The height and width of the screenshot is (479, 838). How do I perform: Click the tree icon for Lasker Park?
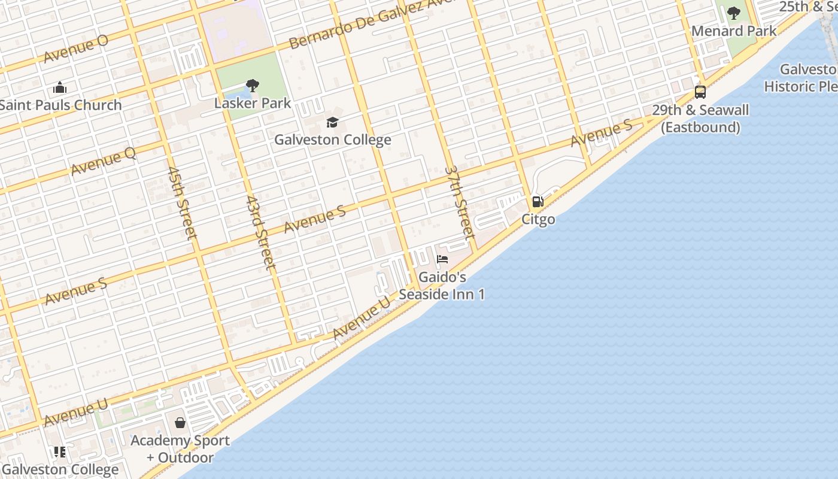[x=253, y=86]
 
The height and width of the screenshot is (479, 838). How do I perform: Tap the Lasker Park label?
[x=253, y=103]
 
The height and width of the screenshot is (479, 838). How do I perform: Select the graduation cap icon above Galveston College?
[x=332, y=123]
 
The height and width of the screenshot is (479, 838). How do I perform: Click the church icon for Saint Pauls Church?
[x=60, y=88]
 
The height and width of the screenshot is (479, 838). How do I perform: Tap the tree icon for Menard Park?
[x=734, y=13]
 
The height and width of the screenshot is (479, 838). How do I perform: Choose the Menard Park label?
[x=734, y=31]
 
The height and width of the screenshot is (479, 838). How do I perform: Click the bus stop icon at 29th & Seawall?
[x=700, y=92]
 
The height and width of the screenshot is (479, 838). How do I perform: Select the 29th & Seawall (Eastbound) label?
[x=700, y=119]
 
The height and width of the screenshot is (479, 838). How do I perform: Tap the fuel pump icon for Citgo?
[x=538, y=202]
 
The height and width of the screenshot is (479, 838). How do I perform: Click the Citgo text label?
[x=538, y=219]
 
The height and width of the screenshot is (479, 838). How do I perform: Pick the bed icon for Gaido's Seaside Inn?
[x=442, y=259]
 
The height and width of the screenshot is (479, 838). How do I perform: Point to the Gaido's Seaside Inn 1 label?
[x=442, y=286]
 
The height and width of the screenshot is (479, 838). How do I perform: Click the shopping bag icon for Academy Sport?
[x=180, y=423]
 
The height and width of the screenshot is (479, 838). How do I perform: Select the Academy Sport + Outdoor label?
[x=180, y=449]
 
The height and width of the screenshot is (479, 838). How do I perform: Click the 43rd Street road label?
[x=261, y=232]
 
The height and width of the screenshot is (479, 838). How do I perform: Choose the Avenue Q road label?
[x=104, y=162]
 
